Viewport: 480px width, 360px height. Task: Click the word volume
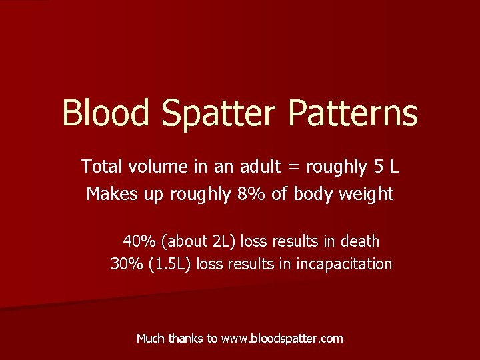pyautogui.click(x=149, y=166)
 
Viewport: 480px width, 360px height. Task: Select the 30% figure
pyautogui.click(x=124, y=264)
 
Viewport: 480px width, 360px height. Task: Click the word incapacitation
pyautogui.click(x=344, y=264)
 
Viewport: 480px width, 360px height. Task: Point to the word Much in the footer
pyautogui.click(x=150, y=339)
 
